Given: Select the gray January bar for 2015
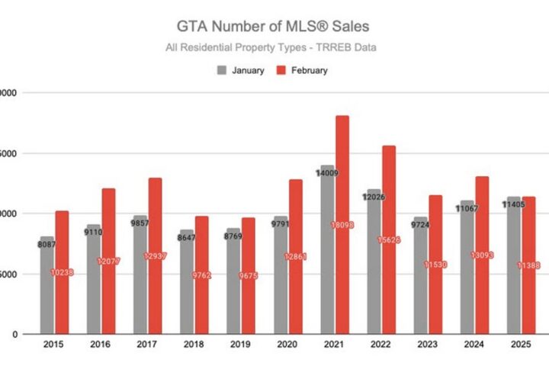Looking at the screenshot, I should [x=47, y=297].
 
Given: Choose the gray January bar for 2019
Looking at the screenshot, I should [x=233, y=297].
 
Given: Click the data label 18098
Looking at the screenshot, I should [x=342, y=225].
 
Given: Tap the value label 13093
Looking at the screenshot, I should [x=482, y=255].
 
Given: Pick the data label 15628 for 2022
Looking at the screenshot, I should [x=389, y=240].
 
